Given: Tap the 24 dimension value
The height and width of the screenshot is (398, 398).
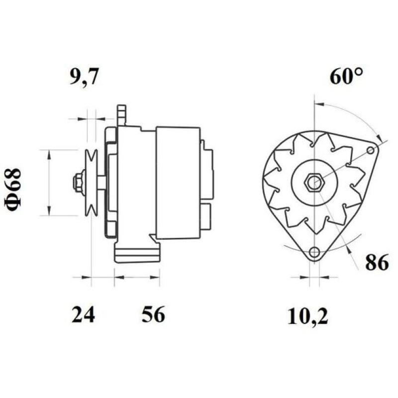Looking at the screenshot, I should [x=83, y=315].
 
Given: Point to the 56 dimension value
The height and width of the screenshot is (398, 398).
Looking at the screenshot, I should [x=152, y=315].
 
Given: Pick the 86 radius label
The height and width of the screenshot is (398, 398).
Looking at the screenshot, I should [x=376, y=263].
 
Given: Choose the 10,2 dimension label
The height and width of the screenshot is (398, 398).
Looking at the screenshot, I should [x=308, y=316].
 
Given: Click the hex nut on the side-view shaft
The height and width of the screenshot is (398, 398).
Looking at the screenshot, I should [x=78, y=183].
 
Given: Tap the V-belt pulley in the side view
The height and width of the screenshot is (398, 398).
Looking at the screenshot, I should [x=91, y=183].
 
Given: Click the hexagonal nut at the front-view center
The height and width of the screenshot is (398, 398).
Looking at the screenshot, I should [x=314, y=183].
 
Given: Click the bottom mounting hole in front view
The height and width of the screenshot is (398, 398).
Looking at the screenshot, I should [x=313, y=253].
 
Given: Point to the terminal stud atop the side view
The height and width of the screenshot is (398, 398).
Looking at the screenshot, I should [x=121, y=115].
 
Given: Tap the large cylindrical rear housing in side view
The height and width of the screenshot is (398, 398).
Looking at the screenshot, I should [x=178, y=183].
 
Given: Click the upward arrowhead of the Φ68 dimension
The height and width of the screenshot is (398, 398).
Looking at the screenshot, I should [x=49, y=154].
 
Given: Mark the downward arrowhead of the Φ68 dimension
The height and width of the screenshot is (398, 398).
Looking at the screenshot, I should [x=49, y=211].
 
